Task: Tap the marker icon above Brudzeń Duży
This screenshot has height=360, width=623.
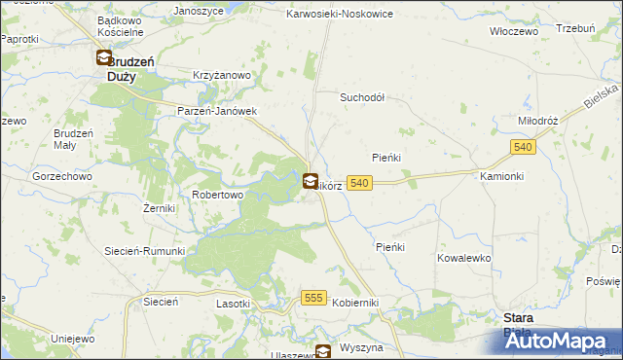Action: pos(105,58)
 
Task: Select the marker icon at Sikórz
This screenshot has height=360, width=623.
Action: pos(310,180)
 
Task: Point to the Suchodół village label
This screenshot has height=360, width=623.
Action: pos(362,97)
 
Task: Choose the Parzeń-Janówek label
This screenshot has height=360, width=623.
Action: pos(216,111)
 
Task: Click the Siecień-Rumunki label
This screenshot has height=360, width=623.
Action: pos(145,250)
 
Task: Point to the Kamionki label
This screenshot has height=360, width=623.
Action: pos(502,176)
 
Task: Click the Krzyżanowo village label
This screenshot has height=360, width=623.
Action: pos(222,74)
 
